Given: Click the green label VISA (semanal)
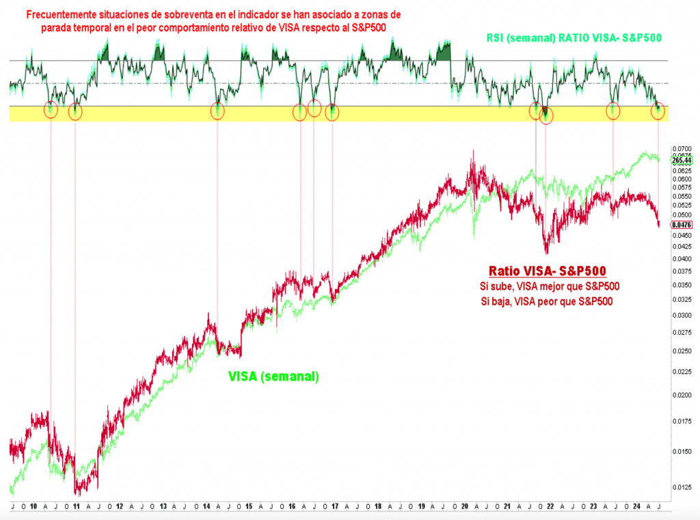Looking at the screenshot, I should tap(273, 376).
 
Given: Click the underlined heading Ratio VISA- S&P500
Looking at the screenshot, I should tap(548, 271).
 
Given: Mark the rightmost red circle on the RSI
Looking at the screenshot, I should tap(658, 111).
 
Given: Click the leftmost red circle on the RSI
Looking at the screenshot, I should tap(51, 109).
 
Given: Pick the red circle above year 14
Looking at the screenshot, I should tap(217, 111).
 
